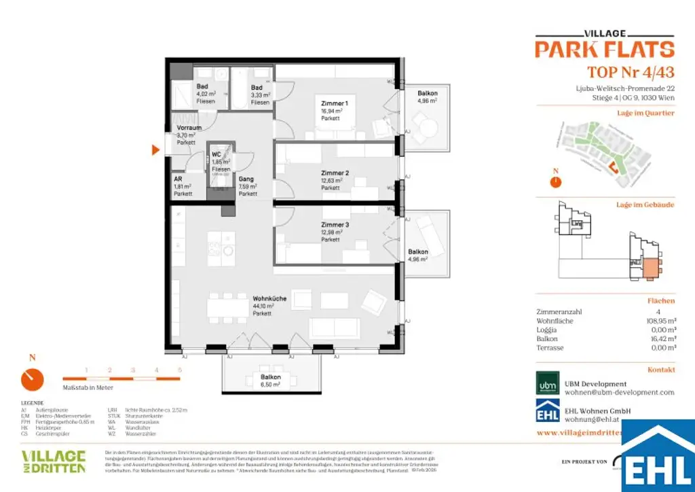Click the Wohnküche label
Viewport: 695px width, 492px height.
269,298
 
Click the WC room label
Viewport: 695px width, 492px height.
217,155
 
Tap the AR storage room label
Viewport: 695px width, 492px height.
178,179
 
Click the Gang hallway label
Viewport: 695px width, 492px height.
246,179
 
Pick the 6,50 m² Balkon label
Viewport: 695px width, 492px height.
271,377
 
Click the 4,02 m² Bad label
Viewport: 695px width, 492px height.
202,87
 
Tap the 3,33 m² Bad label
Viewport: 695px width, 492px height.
257,88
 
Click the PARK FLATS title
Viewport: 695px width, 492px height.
605,50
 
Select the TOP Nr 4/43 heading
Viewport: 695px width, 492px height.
631,73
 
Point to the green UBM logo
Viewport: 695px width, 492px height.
548,385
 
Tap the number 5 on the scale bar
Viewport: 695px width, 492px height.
180,370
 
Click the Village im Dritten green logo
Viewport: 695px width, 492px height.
54,461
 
